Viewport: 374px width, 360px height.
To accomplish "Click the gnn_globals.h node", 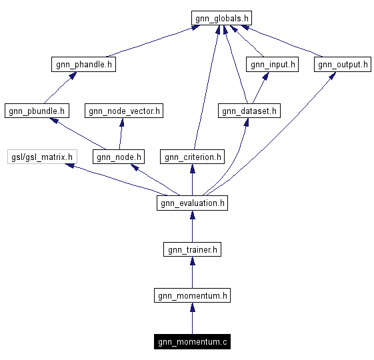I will click(x=222, y=18).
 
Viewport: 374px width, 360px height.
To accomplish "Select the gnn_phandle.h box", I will click(x=83, y=65).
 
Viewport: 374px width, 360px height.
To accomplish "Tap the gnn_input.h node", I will click(x=272, y=65).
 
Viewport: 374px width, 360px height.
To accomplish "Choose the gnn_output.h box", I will click(x=342, y=65).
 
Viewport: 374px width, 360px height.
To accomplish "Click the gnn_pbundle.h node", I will click(x=37, y=111).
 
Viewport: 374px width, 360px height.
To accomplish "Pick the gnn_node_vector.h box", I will click(x=123, y=111).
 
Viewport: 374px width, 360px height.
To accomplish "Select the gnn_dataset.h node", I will click(x=249, y=111).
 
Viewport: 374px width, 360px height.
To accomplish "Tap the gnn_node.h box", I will click(x=118, y=157).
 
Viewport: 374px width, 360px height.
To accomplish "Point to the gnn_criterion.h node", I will click(x=192, y=157).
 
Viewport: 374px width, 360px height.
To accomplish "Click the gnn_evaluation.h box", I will click(x=192, y=203).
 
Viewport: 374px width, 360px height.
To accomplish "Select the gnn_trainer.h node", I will click(x=192, y=249).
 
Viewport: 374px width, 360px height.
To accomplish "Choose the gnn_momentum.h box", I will click(x=192, y=295).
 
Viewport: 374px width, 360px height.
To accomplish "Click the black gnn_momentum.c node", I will click(x=192, y=342).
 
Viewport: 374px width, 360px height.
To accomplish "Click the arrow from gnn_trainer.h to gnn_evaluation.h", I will click(x=192, y=226).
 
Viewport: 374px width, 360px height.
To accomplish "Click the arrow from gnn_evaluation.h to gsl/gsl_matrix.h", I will click(x=113, y=180).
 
